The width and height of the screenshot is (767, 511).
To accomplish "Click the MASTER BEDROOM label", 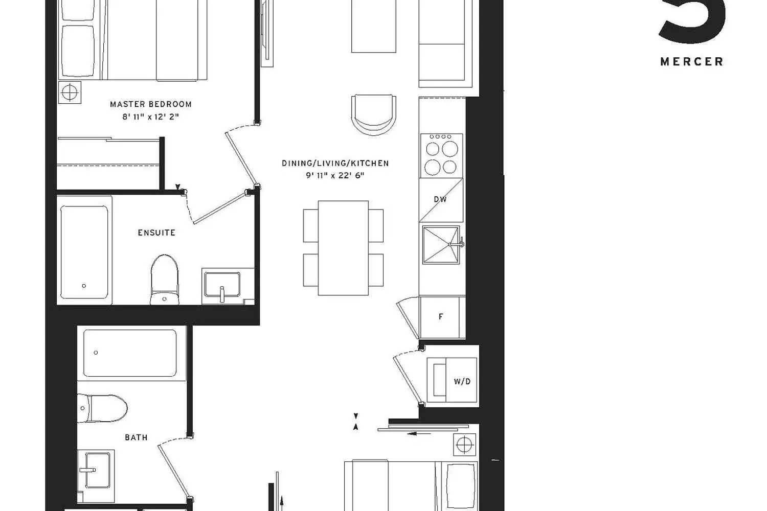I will click(x=151, y=104).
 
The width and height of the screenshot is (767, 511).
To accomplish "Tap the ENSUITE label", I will click(x=156, y=233).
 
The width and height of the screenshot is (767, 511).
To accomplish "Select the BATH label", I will click(x=136, y=437).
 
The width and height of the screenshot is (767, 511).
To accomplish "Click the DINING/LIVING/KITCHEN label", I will click(x=335, y=164).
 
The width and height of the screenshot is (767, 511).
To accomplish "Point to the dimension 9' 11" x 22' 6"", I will click(x=335, y=176).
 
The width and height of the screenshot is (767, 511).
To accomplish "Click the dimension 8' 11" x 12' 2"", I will click(x=151, y=117).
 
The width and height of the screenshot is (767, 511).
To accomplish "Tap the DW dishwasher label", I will click(x=440, y=199).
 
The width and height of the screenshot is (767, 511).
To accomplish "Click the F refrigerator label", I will click(x=441, y=317).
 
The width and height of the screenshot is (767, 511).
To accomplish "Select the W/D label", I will click(x=462, y=381).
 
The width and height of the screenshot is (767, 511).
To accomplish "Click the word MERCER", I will click(x=692, y=62).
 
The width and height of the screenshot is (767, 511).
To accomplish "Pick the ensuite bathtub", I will click(x=84, y=252).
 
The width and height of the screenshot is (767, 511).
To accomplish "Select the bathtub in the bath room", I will click(x=130, y=353).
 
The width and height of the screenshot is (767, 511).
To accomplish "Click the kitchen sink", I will click(x=441, y=245).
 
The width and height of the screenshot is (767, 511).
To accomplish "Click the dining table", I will click(x=343, y=248).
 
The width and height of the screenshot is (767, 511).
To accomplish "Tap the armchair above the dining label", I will click(x=373, y=114).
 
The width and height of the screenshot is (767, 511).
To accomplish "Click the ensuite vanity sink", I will click(x=221, y=285).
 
